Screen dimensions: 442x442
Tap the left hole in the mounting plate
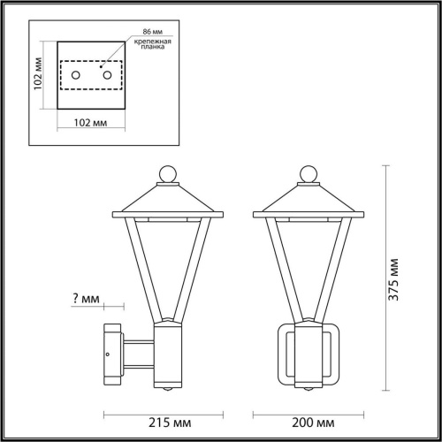76,78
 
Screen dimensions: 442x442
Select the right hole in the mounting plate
108,78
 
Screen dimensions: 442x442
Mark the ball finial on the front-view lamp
309,172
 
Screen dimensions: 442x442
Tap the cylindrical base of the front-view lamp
309,354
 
